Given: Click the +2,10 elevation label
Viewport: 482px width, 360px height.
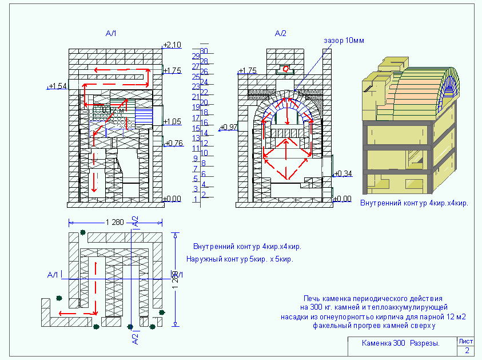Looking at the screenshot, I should pos(173,45).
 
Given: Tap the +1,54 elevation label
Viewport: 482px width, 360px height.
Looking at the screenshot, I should pos(58,86).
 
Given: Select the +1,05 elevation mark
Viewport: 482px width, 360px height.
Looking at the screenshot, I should pos(173,121).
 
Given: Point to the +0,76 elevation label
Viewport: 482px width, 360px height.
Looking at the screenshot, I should pos(174,143).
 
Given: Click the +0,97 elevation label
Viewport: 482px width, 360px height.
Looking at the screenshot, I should pos(229,126).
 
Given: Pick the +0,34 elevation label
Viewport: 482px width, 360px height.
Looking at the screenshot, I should pos(343,173).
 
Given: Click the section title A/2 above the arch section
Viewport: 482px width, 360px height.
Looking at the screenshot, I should pos(280,34).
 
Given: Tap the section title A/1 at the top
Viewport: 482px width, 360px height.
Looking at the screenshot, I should pos(111,34).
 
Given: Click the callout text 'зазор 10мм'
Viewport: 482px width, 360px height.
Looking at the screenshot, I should pos(344,41).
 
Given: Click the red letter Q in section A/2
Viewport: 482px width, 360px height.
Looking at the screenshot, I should pos(286,69).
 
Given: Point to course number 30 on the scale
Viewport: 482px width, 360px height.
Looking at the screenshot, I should pos(203,51).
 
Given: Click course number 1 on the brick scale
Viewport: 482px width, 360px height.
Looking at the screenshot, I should pos(196,200).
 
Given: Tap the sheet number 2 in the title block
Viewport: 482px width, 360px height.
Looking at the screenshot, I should pos(467,350).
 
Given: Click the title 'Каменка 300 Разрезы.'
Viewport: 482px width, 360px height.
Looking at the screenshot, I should pos(401,344).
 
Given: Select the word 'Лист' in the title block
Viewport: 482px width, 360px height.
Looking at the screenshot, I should pos(466,341).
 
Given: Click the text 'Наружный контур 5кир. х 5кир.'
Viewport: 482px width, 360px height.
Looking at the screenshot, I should pos(240,259).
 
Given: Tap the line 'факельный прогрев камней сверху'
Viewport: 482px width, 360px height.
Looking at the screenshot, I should pos(374,326).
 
